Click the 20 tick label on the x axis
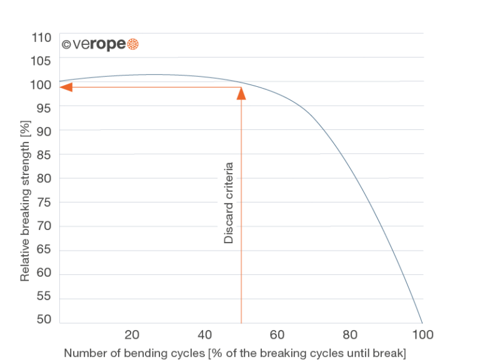pyautogui.click(x=131, y=334)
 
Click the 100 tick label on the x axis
pyautogui.click(x=422, y=334)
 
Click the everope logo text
pyautogui.click(x=93, y=45)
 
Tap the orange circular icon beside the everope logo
pyautogui.click(x=132, y=44)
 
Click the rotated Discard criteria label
pyautogui.click(x=229, y=203)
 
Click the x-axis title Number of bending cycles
pyautogui.click(x=235, y=352)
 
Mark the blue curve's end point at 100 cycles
pyautogui.click(x=422, y=321)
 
